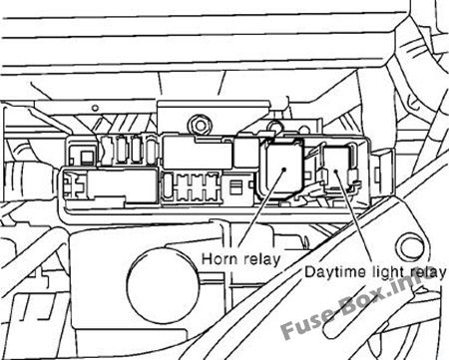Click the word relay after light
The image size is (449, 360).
pos(427,272)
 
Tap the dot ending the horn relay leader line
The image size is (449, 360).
pos(284,169)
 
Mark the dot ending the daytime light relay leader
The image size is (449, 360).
pos(336,172)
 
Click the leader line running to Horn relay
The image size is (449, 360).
pos(261,210)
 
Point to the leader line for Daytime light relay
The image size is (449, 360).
pos(353,217)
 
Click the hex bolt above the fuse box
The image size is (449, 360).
pos(200,126)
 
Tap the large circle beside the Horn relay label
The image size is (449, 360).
pos(163,285)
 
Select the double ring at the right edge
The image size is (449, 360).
pos(410,247)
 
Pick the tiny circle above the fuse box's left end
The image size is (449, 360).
pos(95,108)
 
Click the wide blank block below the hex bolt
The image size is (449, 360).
pos(198,153)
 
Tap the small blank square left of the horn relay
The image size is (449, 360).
pos(246,153)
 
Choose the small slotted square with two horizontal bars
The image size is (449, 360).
pos(235,187)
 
